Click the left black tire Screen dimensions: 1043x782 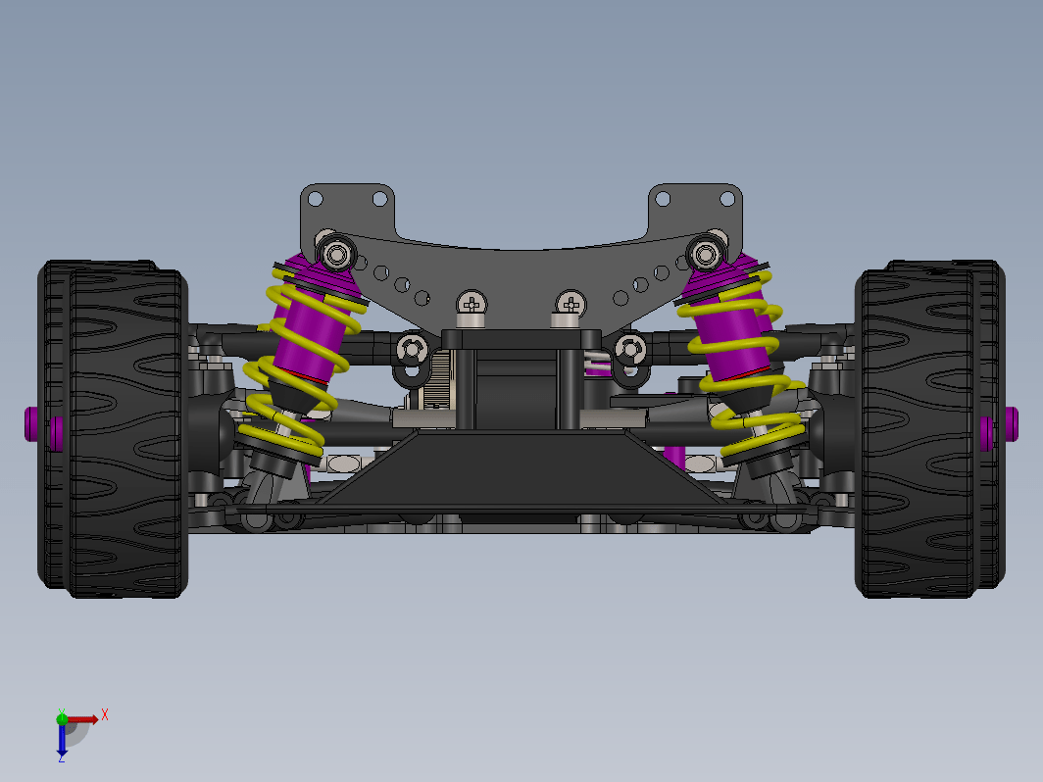pos(113,429)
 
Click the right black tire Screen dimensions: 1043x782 pos(930,429)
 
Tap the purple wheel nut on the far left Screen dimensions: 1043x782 pos(31,424)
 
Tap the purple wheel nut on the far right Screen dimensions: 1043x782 pos(1012,424)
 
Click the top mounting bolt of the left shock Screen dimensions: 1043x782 pos(337,254)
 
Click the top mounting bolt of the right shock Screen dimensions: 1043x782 pos(706,254)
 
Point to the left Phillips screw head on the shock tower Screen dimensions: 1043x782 pos(472,304)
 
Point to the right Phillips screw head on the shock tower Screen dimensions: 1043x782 pos(571,304)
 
